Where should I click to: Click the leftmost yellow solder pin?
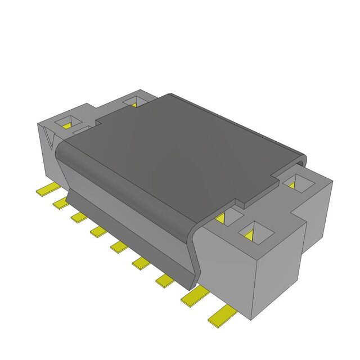43,191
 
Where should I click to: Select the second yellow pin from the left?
60,203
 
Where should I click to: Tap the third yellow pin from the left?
78,217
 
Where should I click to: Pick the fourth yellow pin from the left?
98,231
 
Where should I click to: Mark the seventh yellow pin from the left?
165,280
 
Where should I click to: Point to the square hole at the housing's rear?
133,101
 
